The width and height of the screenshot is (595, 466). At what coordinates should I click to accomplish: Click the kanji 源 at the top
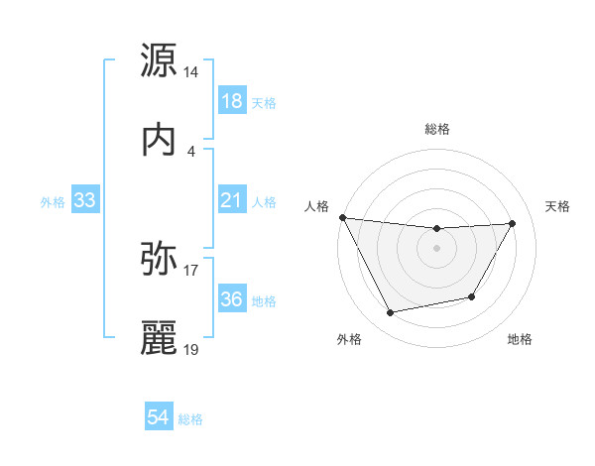tap(160, 60)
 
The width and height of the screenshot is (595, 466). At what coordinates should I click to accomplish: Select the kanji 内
tap(160, 141)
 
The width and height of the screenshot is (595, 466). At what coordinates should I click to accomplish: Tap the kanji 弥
tap(160, 260)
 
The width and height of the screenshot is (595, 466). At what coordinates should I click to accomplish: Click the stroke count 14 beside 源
tap(191, 72)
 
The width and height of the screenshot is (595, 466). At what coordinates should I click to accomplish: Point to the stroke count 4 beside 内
tap(191, 151)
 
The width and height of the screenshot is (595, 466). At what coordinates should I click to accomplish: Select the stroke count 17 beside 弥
tap(191, 270)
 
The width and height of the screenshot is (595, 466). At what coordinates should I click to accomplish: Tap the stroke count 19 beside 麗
tap(191, 350)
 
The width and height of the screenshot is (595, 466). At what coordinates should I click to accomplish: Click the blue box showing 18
tap(231, 101)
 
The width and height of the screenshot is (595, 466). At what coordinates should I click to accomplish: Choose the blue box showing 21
tap(231, 201)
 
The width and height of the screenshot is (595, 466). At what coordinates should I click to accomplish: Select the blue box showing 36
tap(231, 299)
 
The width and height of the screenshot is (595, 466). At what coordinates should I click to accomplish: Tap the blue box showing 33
tap(85, 201)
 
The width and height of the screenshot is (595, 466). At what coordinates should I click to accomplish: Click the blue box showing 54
tap(159, 418)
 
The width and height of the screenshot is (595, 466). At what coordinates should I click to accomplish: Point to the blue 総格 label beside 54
tap(190, 419)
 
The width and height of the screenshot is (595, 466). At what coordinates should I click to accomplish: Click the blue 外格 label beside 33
tap(53, 202)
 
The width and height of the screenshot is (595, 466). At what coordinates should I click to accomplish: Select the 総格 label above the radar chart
tap(437, 129)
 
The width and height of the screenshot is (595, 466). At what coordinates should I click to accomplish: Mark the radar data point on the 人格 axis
tap(342, 217)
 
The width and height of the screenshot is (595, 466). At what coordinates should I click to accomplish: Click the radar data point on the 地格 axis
tap(472, 296)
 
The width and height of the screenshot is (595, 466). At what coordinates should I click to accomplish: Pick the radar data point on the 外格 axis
tap(390, 313)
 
